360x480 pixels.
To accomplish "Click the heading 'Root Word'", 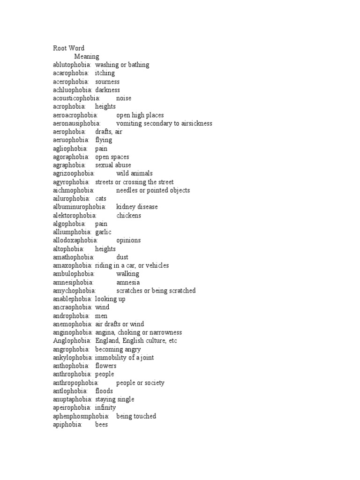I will (68, 48).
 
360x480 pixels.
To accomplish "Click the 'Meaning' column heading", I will (87, 57).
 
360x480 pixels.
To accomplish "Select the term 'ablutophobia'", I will (73, 65).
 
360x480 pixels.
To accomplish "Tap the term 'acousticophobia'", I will (76, 98).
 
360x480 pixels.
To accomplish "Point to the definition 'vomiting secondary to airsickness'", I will (164, 124).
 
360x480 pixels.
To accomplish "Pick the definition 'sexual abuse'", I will (113, 165).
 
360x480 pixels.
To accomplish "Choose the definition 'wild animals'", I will (135, 174).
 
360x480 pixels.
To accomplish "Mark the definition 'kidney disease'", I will (137, 207).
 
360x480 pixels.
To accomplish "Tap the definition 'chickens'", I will (128, 216).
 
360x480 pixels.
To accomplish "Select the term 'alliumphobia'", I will (72, 232).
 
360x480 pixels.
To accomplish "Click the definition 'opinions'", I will (128, 240).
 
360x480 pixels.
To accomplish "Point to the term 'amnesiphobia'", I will (74, 283).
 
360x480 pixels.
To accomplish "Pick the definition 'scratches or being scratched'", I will (156, 291).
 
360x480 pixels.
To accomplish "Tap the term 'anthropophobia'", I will (76, 383).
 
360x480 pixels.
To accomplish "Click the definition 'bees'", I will (102, 425).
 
